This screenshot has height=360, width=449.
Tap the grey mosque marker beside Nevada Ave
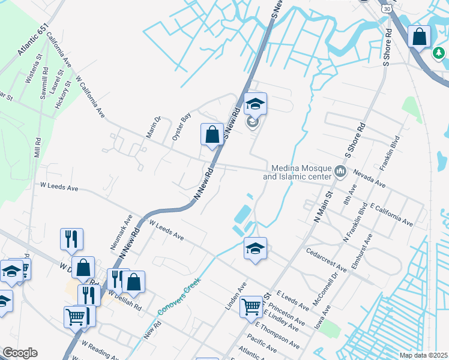click(x=341, y=173)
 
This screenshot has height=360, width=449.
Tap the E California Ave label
click(x=391, y=215)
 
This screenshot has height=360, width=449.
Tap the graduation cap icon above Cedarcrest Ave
click(x=255, y=248)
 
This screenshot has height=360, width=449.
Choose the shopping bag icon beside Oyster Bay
click(x=212, y=134)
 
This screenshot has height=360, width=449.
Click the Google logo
click(x=20, y=353)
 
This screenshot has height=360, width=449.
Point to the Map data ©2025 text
click(x=423, y=355)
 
